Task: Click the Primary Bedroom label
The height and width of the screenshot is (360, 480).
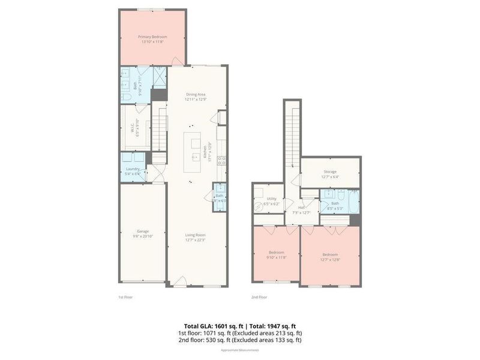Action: click(152, 37)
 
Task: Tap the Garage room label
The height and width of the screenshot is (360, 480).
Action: click(143, 231)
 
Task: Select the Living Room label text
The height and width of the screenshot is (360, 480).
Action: click(196, 235)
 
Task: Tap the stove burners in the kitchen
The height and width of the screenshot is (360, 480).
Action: click(221, 160)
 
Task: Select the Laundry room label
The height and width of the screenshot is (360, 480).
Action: click(133, 170)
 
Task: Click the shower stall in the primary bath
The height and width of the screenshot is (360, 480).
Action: click(160, 76)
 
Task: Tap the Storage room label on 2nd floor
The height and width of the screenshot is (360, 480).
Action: click(330, 172)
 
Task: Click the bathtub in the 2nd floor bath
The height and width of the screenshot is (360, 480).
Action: click(351, 202)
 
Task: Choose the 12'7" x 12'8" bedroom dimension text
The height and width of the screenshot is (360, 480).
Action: click(330, 260)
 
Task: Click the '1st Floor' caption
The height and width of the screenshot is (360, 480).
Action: click(125, 296)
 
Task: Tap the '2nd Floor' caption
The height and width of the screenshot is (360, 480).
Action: click(259, 296)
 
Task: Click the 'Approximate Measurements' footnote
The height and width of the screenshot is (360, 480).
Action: click(240, 350)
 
